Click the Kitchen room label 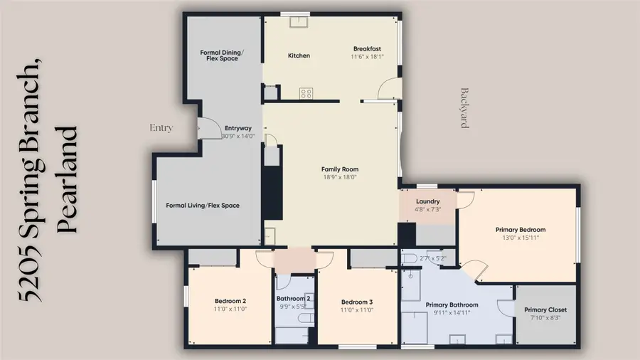click(299, 55)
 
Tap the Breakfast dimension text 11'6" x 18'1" click(368, 57)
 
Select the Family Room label click(340, 169)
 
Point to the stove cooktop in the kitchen click(306, 93)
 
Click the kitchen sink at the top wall click(299, 21)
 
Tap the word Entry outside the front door click(161, 128)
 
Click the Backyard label click(464, 108)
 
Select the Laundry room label click(428, 201)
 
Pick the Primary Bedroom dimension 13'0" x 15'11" click(521, 238)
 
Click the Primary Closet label click(545, 309)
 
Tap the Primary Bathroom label click(452, 305)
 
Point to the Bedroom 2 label click(230, 301)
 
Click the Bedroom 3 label click(357, 302)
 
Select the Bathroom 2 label click(293, 299)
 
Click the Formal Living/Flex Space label click(203, 206)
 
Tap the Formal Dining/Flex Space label click(222, 55)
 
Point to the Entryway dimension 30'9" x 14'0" click(238, 137)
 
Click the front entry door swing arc click(215, 124)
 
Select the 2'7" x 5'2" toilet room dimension click(432, 258)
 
